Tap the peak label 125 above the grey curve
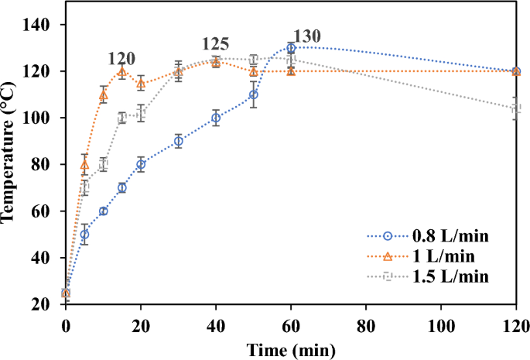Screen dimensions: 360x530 coord(215,44)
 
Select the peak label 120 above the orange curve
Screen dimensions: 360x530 coord(121,58)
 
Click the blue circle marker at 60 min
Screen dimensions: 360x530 coord(291,48)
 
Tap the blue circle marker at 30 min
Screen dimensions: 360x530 coord(178,141)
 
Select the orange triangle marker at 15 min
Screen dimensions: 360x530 coord(122,71)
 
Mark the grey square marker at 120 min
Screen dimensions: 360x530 coord(516,108)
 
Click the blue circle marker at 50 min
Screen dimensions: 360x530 coord(253,94)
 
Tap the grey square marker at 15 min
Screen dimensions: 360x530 coord(122,118)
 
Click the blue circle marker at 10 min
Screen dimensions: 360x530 coord(103,211)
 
